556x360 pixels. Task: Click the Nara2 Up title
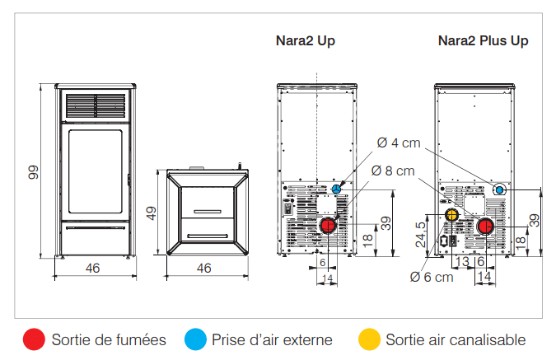[306, 41]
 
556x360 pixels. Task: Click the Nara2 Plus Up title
[483, 41]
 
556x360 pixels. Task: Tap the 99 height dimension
[33, 172]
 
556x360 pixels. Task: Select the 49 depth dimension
[152, 213]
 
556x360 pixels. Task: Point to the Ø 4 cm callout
[399, 143]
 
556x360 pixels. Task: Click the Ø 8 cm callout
[393, 171]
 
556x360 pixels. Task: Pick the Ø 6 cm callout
[432, 277]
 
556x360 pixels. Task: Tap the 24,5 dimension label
[421, 235]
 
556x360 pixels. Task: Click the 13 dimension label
[462, 262]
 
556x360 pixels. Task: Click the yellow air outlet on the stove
[451, 214]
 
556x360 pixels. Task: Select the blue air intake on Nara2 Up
[337, 189]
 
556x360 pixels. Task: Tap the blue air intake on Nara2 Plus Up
[499, 190]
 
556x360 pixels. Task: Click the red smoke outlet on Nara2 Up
[328, 226]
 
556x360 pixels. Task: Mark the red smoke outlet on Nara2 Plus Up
[485, 227]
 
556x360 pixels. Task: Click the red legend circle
[34, 339]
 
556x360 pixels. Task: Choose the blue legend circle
[195, 339]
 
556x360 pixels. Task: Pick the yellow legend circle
[369, 339]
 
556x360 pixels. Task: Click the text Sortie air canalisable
[456, 339]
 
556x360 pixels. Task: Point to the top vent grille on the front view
[96, 105]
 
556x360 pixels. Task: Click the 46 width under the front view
[92, 268]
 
